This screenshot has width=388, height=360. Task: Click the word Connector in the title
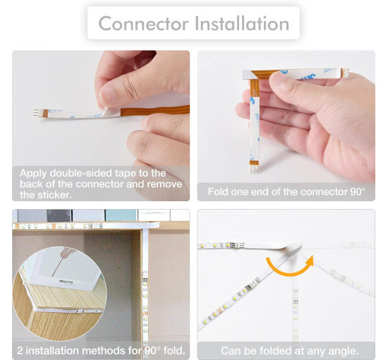(x=143, y=23)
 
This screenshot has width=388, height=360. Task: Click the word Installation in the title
(x=242, y=23)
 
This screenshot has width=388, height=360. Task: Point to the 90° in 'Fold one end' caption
(x=358, y=191)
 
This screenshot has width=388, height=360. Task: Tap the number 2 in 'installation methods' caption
(x=20, y=351)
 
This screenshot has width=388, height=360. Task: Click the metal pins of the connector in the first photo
(x=38, y=113)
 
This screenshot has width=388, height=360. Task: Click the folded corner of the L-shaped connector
(x=255, y=76)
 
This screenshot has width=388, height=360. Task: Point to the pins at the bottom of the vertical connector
(x=255, y=169)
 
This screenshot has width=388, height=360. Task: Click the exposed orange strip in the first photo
(x=155, y=111)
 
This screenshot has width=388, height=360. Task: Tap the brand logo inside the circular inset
(x=66, y=282)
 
